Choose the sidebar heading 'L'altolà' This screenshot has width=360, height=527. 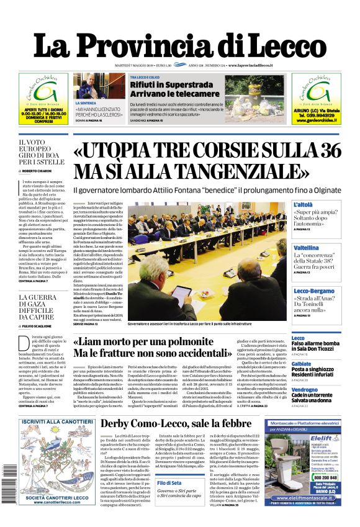tap(304, 204)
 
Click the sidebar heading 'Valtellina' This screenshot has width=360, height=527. tap(307, 246)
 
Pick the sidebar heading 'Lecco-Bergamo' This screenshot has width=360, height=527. tap(314, 291)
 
